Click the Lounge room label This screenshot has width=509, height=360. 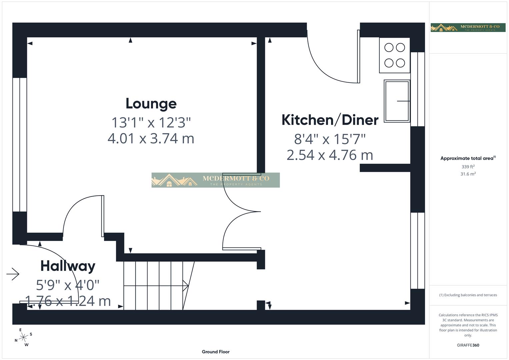(151, 104)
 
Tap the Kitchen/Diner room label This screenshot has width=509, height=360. (330, 120)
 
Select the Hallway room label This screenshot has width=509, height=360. (68, 266)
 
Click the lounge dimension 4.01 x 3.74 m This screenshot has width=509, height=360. (151, 138)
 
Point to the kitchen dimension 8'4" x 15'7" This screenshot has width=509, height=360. (330, 139)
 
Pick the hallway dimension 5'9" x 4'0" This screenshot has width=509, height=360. (68, 285)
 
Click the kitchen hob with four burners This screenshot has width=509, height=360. (394, 55)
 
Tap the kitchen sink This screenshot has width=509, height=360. (397, 101)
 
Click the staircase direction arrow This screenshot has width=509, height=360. (185, 285)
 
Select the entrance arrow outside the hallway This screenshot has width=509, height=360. (13, 274)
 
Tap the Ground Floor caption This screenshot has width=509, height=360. (215, 352)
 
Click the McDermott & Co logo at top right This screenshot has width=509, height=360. (468, 28)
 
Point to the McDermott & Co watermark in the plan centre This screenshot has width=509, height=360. (215, 180)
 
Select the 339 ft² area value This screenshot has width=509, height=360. (468, 167)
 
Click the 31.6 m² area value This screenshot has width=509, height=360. (468, 174)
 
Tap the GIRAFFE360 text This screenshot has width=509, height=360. (468, 345)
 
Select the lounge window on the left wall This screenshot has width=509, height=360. (20, 145)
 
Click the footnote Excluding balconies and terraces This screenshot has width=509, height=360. (468, 295)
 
